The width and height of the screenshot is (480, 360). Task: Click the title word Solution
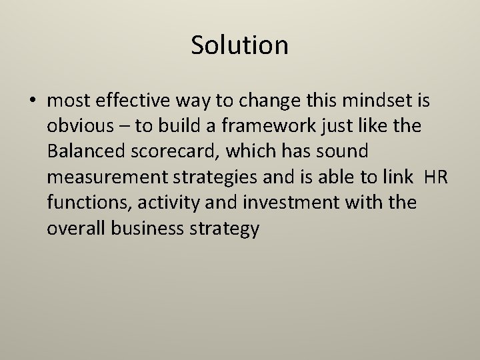click(239, 45)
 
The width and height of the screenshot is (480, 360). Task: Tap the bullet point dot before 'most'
click(33, 103)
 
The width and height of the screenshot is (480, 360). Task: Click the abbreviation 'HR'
click(437, 177)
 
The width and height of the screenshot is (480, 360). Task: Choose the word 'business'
click(141, 228)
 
